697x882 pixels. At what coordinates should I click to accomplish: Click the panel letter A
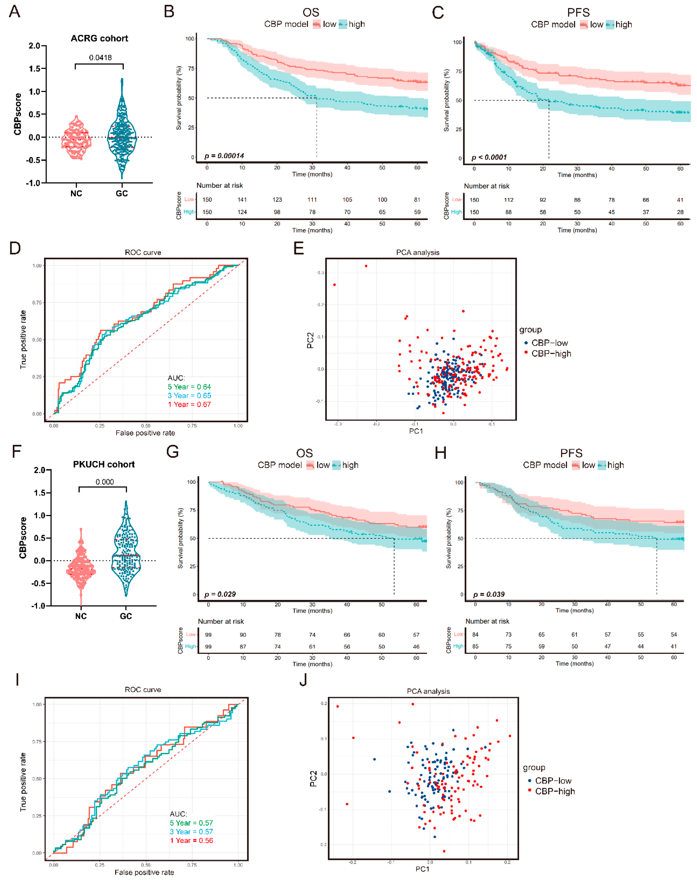(x=15, y=11)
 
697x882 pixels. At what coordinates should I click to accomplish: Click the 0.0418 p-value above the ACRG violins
(x=100, y=58)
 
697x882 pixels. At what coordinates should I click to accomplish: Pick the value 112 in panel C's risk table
(x=509, y=200)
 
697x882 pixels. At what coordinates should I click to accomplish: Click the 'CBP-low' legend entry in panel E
(x=549, y=343)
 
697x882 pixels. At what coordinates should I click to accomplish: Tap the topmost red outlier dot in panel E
(x=366, y=266)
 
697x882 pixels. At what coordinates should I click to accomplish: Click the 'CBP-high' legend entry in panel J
(x=555, y=791)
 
